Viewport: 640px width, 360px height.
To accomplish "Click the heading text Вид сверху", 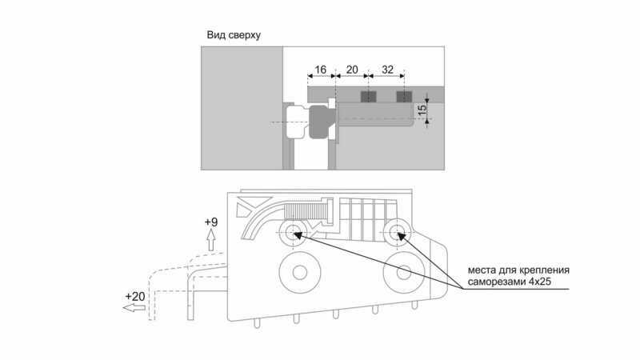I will pos(234,36).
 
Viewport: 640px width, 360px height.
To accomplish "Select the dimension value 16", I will pos(320,70).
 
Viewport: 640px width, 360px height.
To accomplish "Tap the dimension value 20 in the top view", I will pos(351,70).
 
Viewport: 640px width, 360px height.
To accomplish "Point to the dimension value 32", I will pos(386,70).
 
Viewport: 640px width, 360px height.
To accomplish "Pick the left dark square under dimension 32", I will pos(367,97).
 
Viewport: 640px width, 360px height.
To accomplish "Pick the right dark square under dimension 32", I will pos(403,97).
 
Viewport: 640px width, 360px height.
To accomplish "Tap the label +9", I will pos(211,222).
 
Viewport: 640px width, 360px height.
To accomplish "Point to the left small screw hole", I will pos(290,234).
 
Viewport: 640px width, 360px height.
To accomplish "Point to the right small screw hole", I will pos(397,234).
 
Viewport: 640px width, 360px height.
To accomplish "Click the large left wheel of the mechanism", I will pos(299,273).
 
